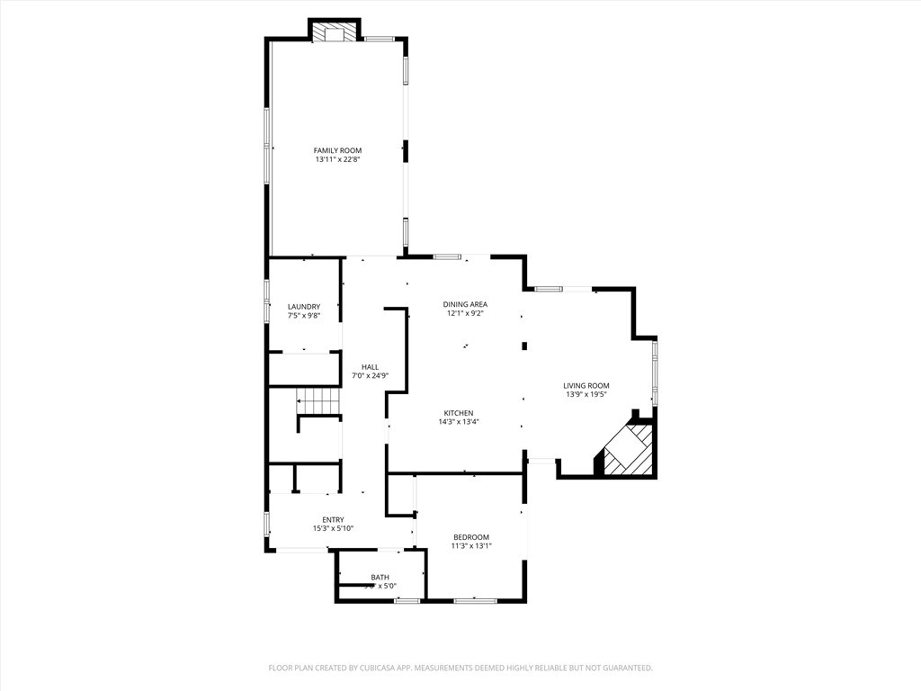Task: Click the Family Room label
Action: (337, 150)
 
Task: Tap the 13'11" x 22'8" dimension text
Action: (337, 160)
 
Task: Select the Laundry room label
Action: (303, 307)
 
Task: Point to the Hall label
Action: (370, 367)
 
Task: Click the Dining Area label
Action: (465, 304)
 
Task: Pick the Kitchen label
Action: (458, 413)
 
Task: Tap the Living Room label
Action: (586, 385)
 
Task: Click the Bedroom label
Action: (471, 537)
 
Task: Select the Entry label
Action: (333, 519)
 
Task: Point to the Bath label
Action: (380, 578)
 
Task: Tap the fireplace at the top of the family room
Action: (335, 34)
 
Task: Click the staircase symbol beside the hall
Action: (320, 401)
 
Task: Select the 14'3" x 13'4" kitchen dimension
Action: (458, 422)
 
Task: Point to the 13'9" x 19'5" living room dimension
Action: (586, 394)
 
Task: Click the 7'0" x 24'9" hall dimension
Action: (370, 375)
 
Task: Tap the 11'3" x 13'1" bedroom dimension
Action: (471, 546)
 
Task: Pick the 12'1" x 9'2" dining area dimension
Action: (465, 313)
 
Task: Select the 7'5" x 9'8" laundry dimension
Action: (303, 316)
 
